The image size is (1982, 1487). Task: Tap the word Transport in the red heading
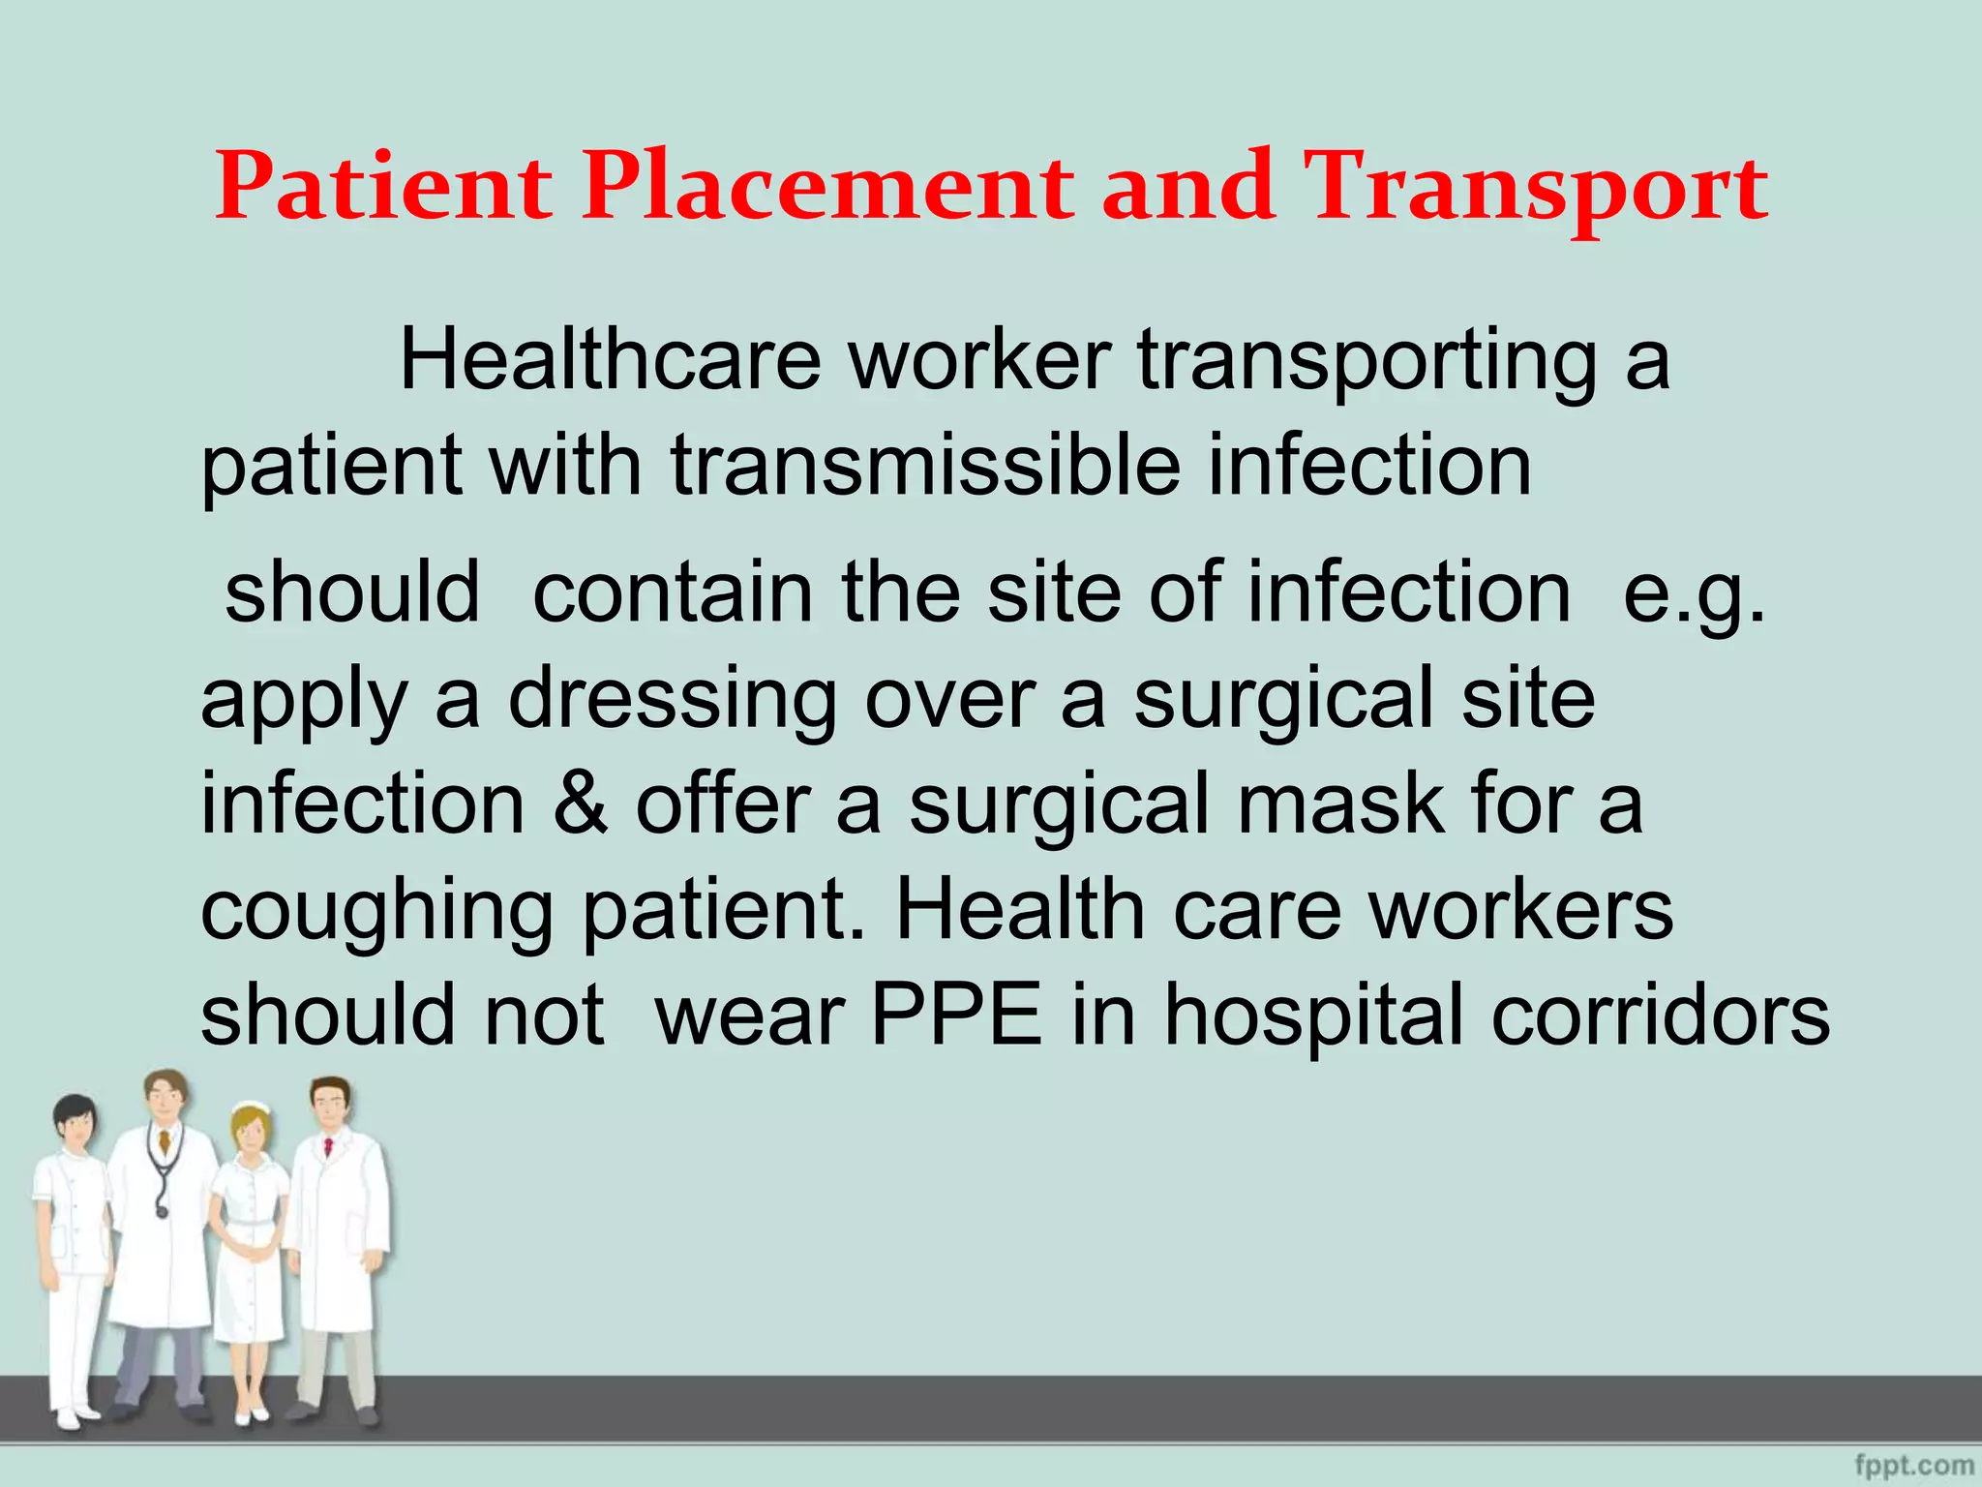1536,189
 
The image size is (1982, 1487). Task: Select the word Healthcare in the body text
610,360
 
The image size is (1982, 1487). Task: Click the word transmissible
925,466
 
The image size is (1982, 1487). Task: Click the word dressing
673,699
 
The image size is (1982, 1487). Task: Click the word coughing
376,912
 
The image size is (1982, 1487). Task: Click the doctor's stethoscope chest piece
161,1209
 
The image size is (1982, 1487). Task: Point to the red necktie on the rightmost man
328,1148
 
